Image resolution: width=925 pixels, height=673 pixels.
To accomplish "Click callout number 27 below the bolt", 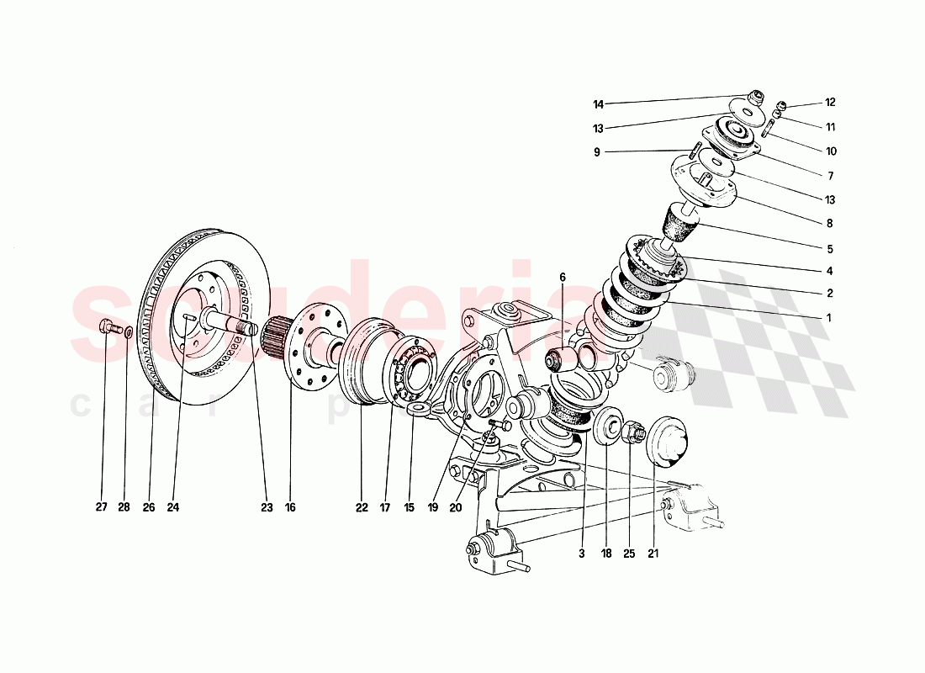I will [102, 507].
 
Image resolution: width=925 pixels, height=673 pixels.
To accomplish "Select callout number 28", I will [125, 507].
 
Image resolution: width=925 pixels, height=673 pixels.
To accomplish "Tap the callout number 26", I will [149, 507].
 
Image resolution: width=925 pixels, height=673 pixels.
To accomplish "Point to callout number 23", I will [267, 507].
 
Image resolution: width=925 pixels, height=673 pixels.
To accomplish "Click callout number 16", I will [290, 507].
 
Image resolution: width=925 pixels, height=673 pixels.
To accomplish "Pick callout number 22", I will [362, 507].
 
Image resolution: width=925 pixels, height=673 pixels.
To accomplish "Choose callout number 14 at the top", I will [599, 105].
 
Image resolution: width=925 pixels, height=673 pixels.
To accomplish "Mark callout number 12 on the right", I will [830, 103].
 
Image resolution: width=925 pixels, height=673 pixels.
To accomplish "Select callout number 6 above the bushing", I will [563, 277].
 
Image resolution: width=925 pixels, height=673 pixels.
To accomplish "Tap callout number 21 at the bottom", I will [653, 553].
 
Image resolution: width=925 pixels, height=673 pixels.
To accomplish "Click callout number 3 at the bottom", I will [581, 553].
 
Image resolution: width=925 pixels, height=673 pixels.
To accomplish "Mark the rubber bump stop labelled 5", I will [682, 224].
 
